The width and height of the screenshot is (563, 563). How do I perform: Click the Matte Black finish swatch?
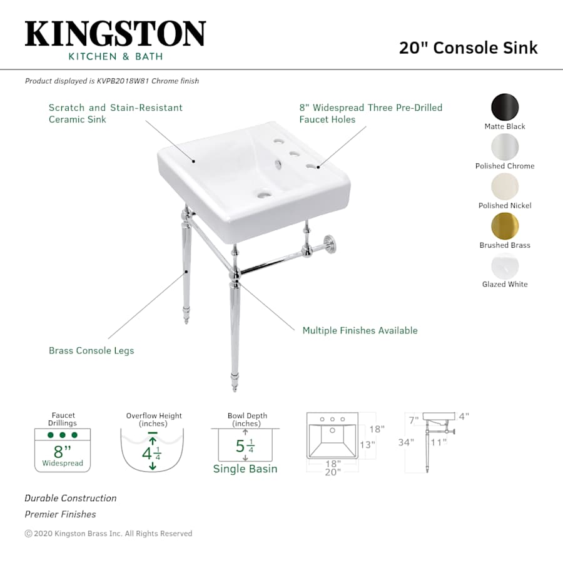point(505,107)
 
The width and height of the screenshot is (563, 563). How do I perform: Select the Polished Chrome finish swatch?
point(505,147)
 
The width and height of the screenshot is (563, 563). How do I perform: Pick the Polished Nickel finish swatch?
point(505,186)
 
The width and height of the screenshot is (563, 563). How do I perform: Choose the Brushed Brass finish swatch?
point(505,226)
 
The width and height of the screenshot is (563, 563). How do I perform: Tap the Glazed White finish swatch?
point(505,266)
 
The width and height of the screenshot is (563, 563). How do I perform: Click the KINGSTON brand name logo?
point(115,34)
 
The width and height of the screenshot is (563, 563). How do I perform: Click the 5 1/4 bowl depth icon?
point(245,445)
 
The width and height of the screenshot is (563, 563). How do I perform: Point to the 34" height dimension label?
point(407,442)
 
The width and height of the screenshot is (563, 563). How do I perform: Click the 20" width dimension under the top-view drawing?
point(332,472)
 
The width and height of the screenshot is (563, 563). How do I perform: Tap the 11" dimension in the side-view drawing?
point(439,442)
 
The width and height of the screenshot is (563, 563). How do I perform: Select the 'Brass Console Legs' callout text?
point(91,350)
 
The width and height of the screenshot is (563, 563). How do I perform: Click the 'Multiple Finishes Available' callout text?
point(360,330)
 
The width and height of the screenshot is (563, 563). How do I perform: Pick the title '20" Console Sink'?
point(468,48)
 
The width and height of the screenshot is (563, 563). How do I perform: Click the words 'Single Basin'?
point(245,469)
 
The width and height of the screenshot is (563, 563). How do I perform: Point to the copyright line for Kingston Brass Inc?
point(108,534)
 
